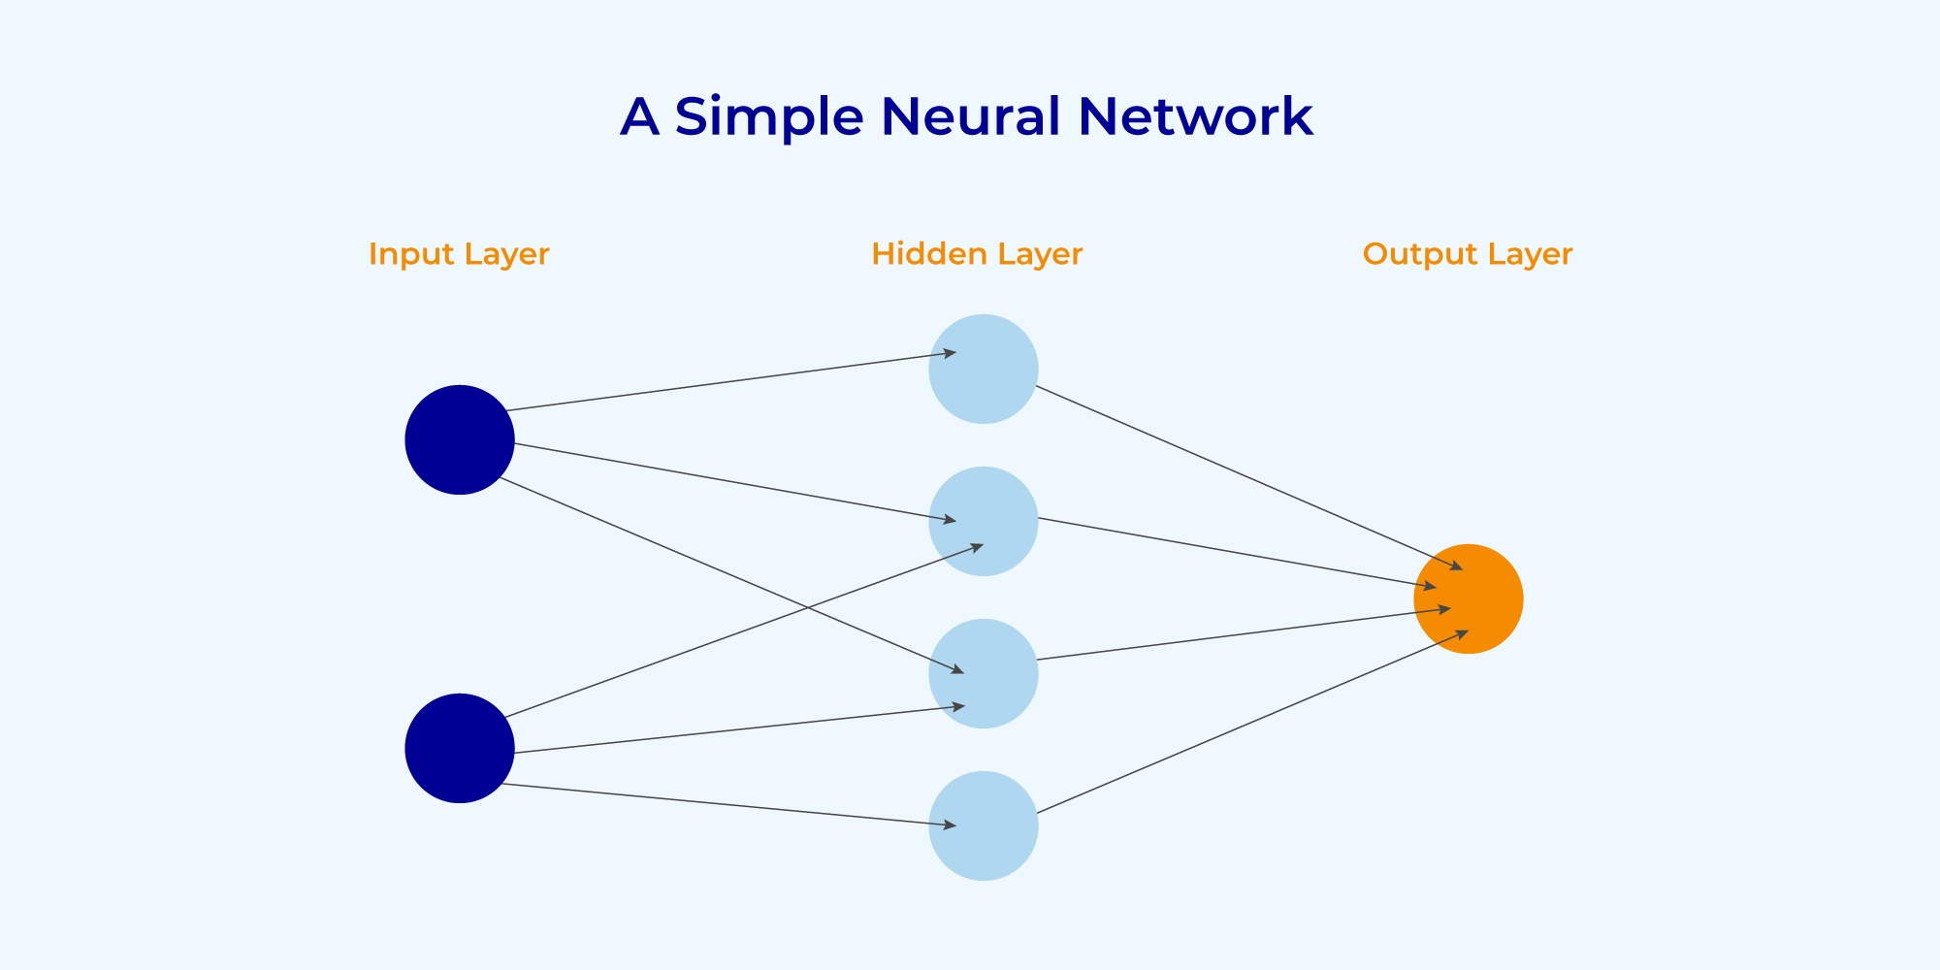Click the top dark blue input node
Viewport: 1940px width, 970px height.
tap(459, 439)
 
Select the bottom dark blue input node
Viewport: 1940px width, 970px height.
tap(459, 748)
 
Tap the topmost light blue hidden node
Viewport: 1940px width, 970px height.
tap(983, 369)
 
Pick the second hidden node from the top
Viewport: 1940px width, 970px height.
tap(983, 521)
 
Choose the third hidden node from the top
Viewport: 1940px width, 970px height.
tap(983, 673)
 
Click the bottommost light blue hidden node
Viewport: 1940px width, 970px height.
tap(983, 825)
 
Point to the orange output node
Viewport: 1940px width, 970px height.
tap(1468, 598)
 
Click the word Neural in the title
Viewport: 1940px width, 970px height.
tap(970, 116)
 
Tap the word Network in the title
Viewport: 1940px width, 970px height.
tap(1195, 116)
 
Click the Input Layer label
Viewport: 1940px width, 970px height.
tap(459, 254)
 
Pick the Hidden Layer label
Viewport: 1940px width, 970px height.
tap(976, 254)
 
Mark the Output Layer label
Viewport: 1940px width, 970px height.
tap(1467, 254)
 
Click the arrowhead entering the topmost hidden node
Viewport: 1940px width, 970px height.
tap(951, 353)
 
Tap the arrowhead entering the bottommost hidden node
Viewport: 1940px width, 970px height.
tap(951, 825)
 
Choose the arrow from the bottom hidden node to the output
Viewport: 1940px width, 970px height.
tap(1251, 723)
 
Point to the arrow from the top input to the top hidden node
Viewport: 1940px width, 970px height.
tap(727, 381)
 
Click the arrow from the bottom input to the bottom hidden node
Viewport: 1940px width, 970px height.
tap(727, 805)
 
